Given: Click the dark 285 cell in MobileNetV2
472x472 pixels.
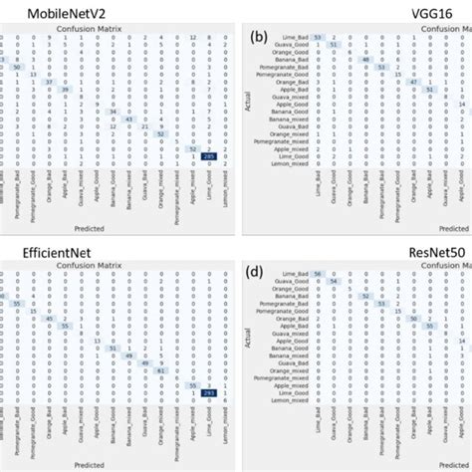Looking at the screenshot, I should point(209,157).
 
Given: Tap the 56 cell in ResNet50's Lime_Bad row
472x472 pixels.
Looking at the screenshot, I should point(318,302).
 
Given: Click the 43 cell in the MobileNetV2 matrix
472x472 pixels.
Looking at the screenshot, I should point(128,118).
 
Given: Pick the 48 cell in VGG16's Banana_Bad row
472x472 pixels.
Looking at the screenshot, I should point(365,87).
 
